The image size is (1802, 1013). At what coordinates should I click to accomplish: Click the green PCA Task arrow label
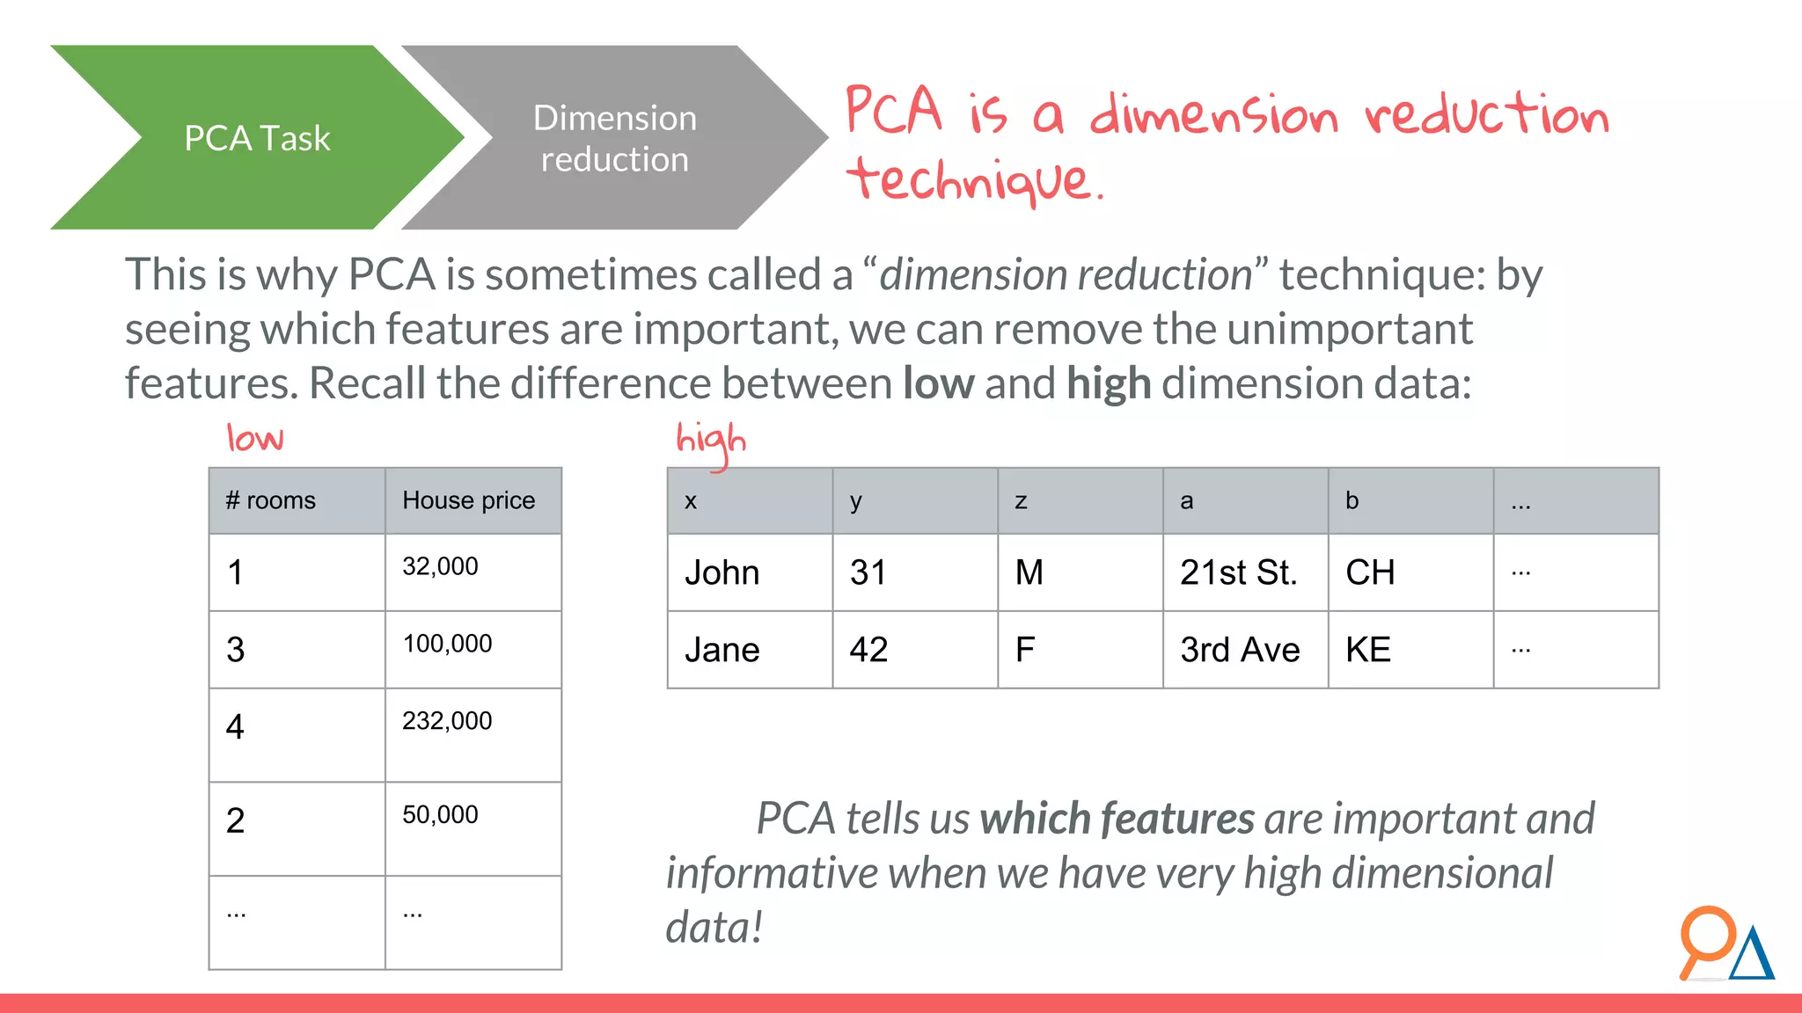point(257,138)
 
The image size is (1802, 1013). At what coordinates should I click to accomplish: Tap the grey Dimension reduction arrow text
point(614,139)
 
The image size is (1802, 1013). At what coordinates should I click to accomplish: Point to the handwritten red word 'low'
point(255,438)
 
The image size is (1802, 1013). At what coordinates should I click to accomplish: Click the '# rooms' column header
point(271,500)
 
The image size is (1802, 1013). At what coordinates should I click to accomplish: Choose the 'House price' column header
point(468,500)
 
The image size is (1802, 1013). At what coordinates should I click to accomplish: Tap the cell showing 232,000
point(447,721)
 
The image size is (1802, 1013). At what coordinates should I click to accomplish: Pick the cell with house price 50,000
point(440,815)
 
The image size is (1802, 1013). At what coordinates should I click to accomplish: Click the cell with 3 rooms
point(236,650)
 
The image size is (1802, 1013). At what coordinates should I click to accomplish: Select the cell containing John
point(722,572)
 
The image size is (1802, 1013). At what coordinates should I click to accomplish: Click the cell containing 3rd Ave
point(1240,650)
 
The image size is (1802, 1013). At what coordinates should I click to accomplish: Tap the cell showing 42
point(868,650)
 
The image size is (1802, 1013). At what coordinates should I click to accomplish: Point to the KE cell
point(1368,650)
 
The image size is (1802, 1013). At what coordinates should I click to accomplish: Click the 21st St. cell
point(1239,572)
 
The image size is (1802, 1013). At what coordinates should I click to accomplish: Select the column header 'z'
point(1021,501)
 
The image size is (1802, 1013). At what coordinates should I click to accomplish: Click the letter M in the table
point(1029,572)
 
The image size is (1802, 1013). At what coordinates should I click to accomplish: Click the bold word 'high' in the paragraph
point(1109,383)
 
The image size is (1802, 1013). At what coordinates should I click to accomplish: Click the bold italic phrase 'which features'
point(1117,819)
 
